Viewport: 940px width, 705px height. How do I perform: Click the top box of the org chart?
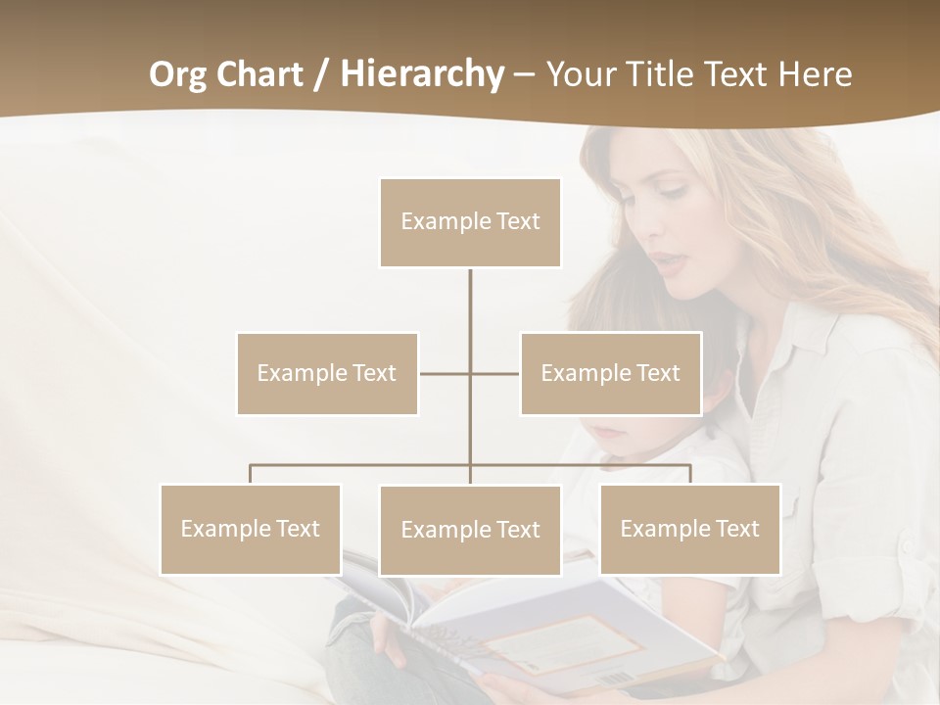click(x=470, y=222)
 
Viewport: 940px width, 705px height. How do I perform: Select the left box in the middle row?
click(x=327, y=373)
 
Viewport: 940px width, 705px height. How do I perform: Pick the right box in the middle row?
click(x=610, y=373)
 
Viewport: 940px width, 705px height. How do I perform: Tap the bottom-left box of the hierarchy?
click(x=251, y=529)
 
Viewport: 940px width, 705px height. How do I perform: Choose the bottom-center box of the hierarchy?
click(x=470, y=530)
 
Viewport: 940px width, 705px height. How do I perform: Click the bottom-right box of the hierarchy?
click(x=689, y=529)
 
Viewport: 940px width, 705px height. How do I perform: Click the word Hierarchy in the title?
click(x=421, y=74)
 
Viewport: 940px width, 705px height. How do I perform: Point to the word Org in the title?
click(x=180, y=74)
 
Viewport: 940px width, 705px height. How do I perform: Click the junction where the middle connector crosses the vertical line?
click(x=470, y=373)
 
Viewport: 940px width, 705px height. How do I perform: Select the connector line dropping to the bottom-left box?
click(x=251, y=474)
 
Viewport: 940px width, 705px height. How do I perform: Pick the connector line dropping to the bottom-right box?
click(x=689, y=474)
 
